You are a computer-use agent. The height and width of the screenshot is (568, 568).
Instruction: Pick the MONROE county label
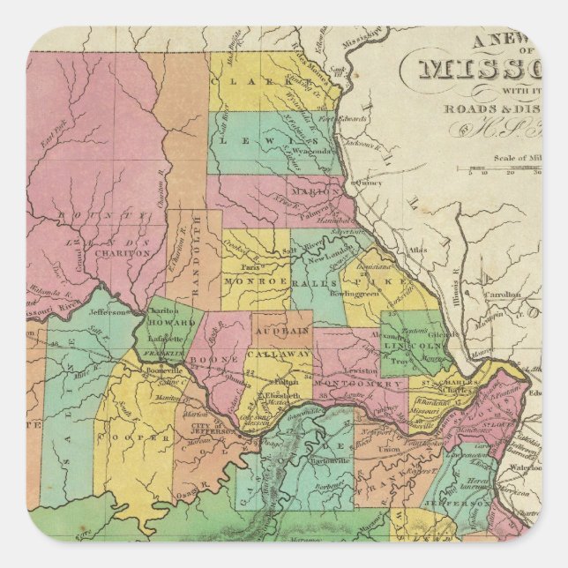255,280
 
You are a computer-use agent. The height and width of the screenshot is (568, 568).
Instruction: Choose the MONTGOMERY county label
359,385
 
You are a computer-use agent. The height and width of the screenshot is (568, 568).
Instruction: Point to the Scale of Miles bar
504,167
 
